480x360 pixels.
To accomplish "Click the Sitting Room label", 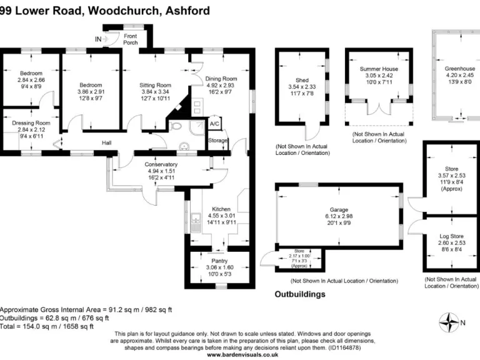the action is [x=154, y=85].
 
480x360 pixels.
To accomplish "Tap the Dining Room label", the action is [x=221, y=79].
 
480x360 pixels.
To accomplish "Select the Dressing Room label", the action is [x=31, y=124].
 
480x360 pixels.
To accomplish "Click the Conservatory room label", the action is [x=161, y=165].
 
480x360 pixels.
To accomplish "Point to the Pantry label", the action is [x=219, y=261].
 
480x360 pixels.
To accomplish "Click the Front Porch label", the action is [x=131, y=39].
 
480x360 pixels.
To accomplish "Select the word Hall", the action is [x=107, y=143].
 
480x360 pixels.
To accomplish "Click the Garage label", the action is [x=339, y=210].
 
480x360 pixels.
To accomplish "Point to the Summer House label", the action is [x=378, y=69].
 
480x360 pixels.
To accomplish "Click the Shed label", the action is [x=302, y=80].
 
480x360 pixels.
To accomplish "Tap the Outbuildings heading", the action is [x=300, y=294].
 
